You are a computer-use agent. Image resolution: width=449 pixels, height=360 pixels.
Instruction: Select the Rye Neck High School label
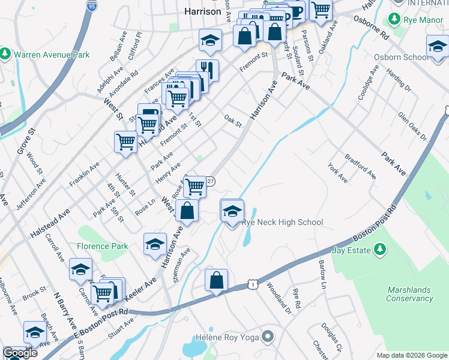(x=282, y=222)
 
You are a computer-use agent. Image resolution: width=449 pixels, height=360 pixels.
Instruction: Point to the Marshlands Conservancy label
(x=409, y=294)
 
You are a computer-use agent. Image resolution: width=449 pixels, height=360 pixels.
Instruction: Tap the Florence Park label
(x=102, y=246)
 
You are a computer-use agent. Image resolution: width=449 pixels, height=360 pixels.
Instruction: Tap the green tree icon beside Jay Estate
(x=379, y=248)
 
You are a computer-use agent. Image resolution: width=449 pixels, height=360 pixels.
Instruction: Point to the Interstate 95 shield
(x=91, y=5)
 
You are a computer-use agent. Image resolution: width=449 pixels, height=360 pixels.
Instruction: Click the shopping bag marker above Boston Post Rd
(x=216, y=280)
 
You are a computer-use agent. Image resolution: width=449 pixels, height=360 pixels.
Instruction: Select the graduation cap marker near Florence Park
(x=155, y=243)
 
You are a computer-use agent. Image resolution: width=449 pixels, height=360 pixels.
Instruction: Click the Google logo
(x=20, y=353)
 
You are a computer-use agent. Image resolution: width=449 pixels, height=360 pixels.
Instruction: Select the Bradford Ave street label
(x=361, y=167)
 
